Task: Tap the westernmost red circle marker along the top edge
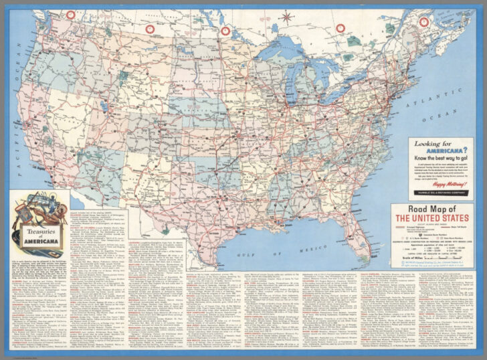click(70, 15)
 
